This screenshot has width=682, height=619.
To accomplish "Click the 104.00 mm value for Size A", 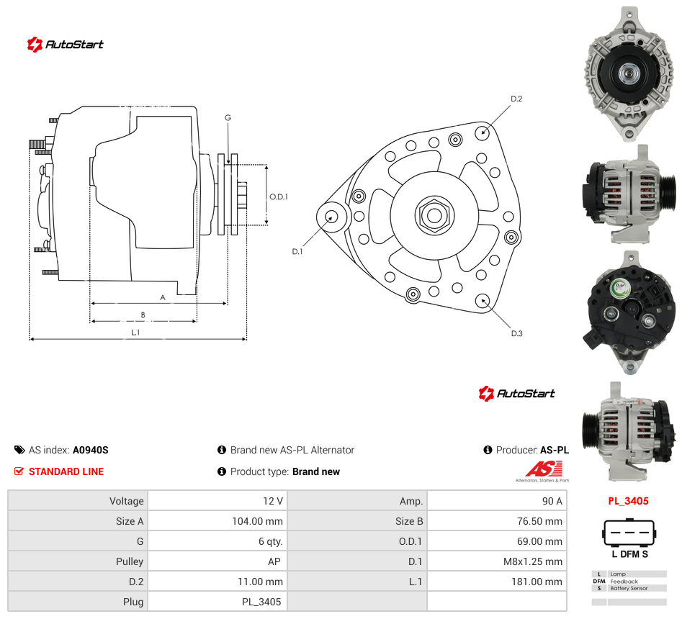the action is [257, 521].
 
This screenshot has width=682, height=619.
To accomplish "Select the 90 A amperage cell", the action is [552, 501].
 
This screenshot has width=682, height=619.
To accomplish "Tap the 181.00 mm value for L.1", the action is [537, 582].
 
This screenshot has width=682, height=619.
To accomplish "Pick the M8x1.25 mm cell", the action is [533, 561].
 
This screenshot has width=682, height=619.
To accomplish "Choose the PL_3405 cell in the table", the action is [261, 602].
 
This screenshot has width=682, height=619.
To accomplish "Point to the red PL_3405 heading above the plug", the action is [628, 501].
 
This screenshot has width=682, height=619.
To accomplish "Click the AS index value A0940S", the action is [91, 450].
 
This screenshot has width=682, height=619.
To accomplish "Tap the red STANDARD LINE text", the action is [66, 471].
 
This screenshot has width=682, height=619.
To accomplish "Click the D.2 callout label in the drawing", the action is [516, 99].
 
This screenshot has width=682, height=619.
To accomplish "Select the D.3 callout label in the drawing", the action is [516, 333].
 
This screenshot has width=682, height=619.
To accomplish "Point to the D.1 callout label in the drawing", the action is [297, 251].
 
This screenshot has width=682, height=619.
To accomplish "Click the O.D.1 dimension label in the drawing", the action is [279, 196].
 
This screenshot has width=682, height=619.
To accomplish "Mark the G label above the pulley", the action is [228, 117].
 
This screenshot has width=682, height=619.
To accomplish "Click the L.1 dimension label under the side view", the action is [135, 332].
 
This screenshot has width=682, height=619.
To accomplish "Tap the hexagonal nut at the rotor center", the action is [434, 214].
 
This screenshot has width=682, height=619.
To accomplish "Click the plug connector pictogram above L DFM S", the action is [629, 532].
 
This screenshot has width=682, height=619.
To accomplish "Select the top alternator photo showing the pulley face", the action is [629, 73].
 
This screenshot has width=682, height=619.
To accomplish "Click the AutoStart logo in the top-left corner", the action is [66, 45].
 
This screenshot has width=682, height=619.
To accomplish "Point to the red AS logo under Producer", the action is [544, 469].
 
